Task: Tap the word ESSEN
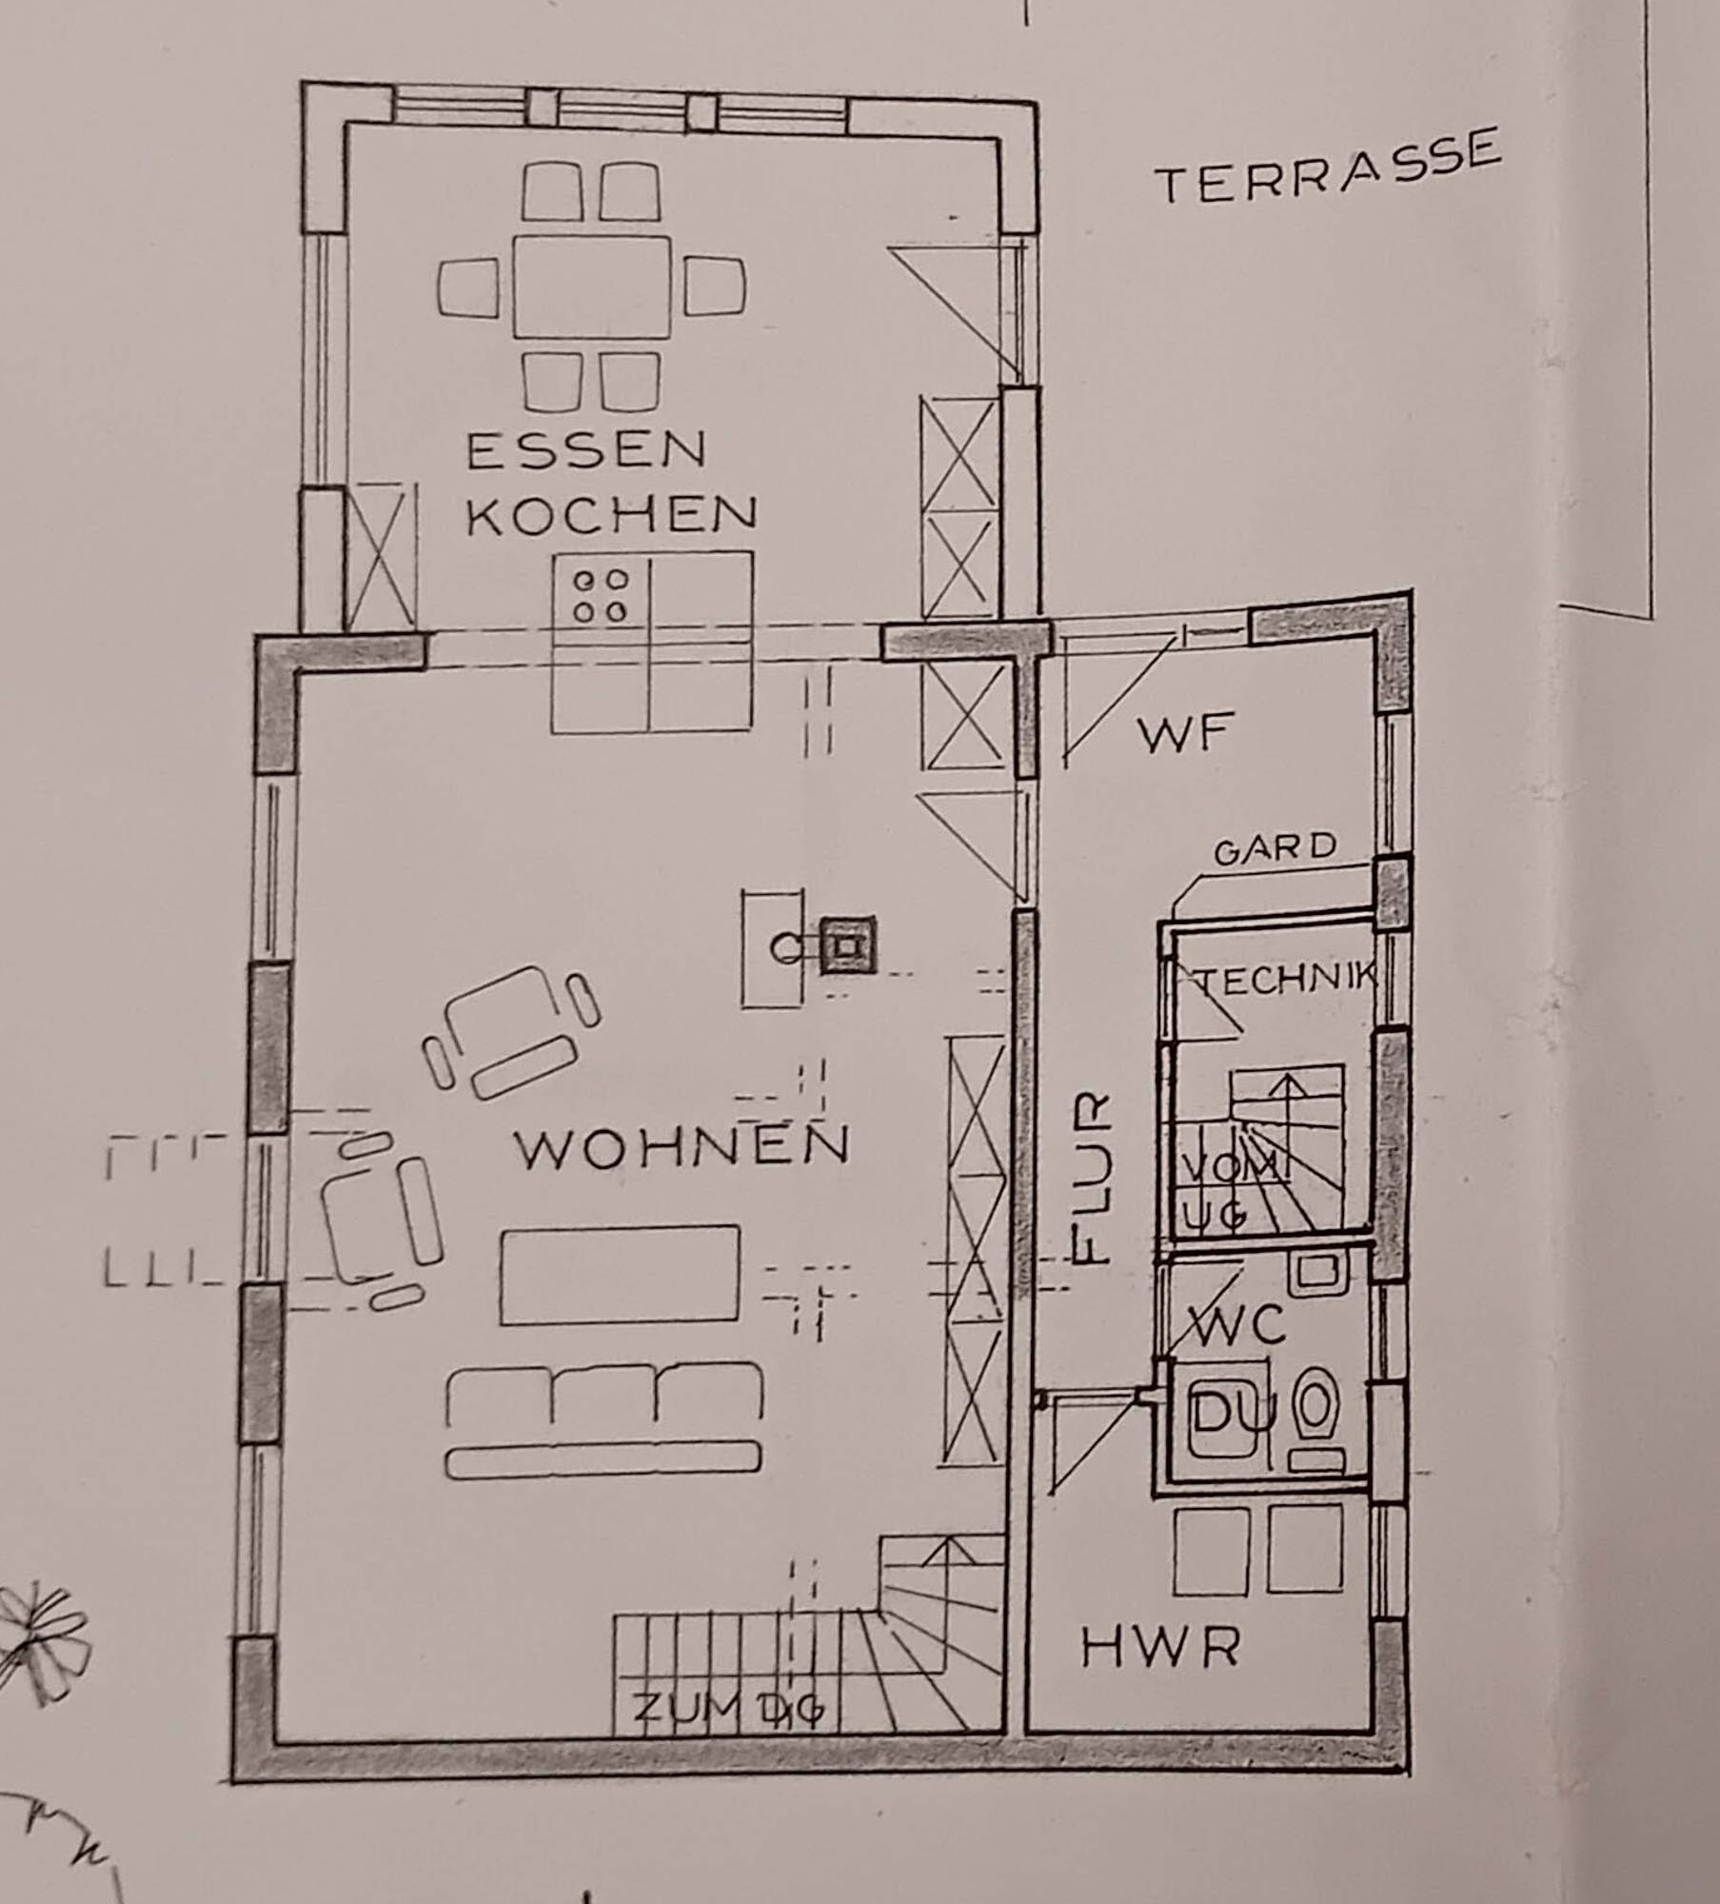point(586,450)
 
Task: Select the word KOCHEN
point(612,515)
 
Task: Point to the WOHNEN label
point(682,1147)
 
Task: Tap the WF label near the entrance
point(1186,734)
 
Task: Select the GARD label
point(1275,849)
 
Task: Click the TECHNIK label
point(1285,980)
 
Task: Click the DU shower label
point(1233,1412)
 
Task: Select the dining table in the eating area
point(591,287)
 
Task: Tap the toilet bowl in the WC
point(1317,1405)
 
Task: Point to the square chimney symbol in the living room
point(846,945)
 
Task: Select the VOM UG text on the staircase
point(1228,1190)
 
